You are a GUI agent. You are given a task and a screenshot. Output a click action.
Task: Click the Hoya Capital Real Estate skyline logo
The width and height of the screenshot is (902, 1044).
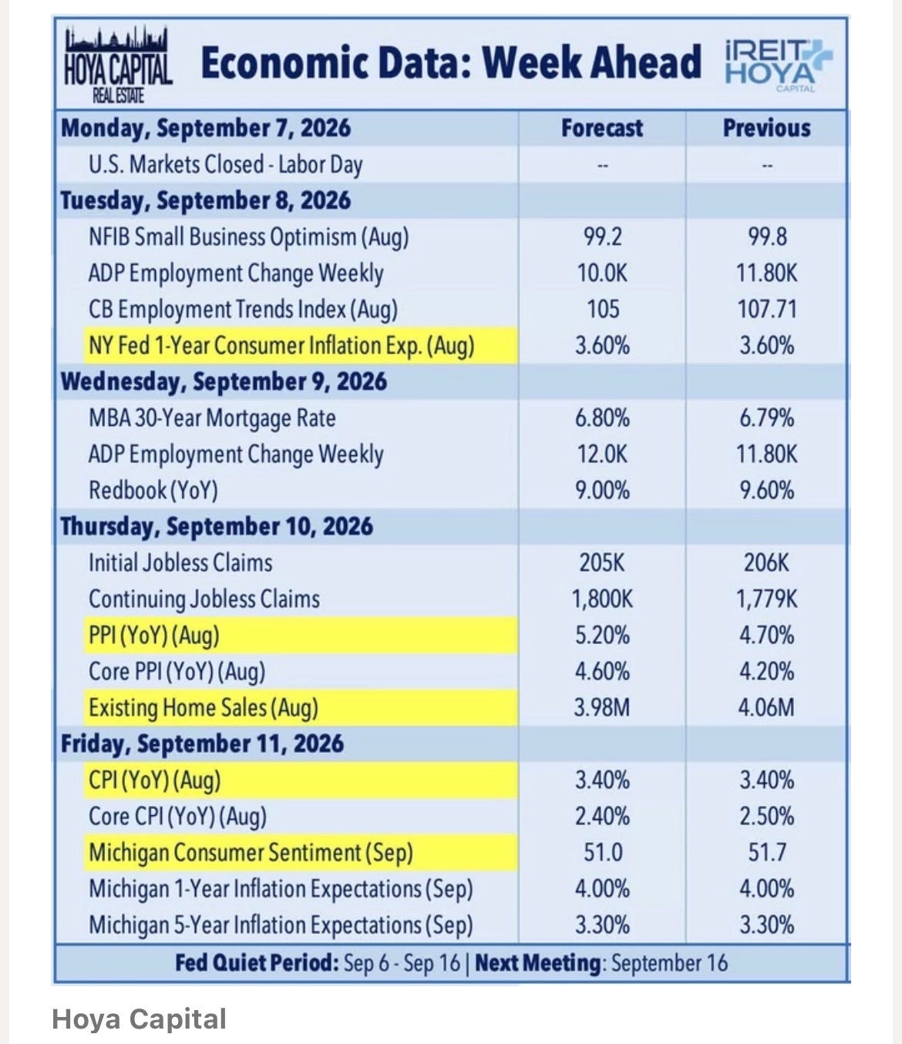[118, 64]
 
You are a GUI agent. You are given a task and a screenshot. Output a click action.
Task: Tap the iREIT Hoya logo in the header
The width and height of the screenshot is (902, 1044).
[778, 65]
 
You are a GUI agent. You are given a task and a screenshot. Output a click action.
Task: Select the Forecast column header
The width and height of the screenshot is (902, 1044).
[602, 129]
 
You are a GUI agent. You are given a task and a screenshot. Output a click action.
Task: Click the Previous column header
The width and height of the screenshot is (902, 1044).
[766, 129]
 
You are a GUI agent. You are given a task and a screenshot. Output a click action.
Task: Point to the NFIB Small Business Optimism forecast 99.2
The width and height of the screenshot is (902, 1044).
[602, 237]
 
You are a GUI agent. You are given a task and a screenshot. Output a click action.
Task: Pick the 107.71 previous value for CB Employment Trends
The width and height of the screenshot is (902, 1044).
[766, 309]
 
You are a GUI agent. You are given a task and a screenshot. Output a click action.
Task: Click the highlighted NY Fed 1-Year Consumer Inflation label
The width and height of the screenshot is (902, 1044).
[281, 346]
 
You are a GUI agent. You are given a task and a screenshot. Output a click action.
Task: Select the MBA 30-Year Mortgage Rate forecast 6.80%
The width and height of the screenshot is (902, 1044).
[602, 418]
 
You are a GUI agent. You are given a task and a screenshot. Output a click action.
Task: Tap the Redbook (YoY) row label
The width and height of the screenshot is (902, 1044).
[153, 491]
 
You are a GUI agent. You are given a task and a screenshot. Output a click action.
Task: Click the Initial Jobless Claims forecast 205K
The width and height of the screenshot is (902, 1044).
[602, 562]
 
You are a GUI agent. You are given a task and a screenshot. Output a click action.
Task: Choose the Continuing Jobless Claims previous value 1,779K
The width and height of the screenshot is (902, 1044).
[766, 599]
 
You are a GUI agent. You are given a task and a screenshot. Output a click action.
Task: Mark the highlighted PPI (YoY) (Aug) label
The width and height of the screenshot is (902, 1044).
[154, 636]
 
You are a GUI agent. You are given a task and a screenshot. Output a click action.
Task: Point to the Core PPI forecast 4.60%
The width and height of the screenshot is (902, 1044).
[602, 672]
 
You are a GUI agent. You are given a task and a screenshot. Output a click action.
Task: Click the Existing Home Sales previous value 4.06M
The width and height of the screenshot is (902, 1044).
[766, 707]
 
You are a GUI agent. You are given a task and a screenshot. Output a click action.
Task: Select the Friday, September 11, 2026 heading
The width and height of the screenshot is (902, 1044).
[202, 744]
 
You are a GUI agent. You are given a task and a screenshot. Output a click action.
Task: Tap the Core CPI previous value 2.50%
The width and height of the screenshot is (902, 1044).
[766, 817]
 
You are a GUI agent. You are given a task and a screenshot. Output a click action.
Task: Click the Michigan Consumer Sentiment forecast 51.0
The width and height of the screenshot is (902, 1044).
[603, 853]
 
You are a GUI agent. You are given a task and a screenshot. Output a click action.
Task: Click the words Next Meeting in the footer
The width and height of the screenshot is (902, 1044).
[537, 963]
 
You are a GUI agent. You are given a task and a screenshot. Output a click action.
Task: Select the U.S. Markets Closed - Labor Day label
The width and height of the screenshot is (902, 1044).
[225, 165]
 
